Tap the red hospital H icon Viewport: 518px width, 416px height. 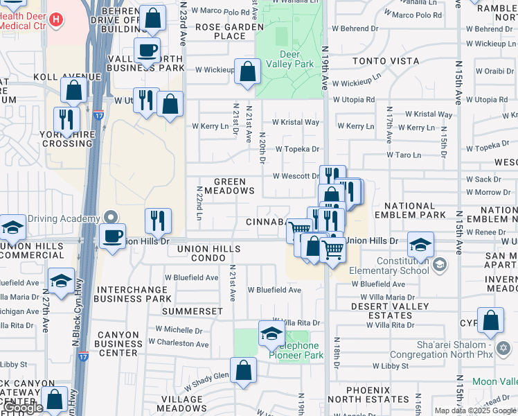(57, 18)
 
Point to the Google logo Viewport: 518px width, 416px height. (23, 408)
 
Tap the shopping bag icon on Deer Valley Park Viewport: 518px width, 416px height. (247, 71)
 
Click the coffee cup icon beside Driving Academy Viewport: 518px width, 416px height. (112, 236)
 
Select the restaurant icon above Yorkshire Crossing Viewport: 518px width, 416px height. (66, 119)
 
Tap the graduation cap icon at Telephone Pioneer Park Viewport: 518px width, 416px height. (271, 333)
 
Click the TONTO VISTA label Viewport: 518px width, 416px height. (381, 61)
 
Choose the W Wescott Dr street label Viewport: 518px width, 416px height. (296, 176)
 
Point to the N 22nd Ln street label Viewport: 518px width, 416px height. (199, 203)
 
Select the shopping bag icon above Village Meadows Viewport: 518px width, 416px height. (243, 370)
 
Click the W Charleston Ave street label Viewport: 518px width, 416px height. (181, 343)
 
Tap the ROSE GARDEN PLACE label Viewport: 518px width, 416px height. (229, 31)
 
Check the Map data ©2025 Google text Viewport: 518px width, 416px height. (474, 410)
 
